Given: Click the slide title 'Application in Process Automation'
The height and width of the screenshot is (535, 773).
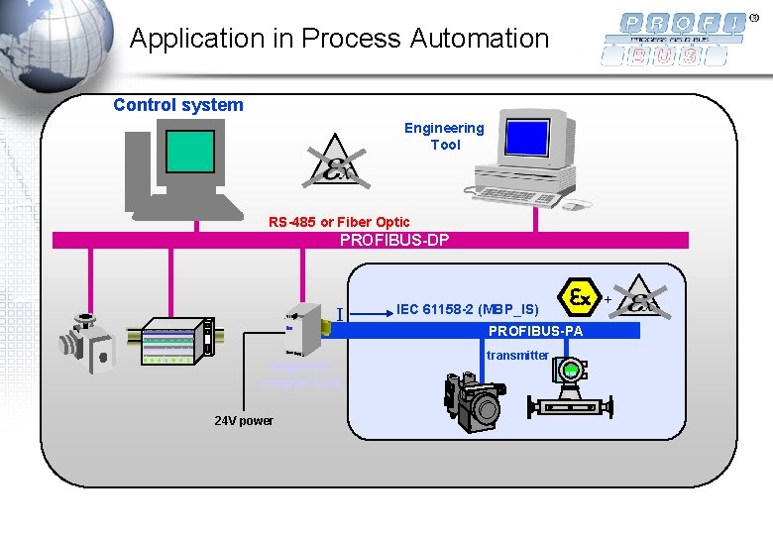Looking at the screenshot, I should pos(339,39).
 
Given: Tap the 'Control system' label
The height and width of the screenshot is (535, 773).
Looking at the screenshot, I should pos(178,105).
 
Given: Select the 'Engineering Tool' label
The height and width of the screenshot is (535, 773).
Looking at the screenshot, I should pos(444,136).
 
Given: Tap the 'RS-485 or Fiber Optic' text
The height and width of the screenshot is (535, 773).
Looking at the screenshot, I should pos(339,222).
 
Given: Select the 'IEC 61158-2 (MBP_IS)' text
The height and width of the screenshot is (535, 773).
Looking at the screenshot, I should pos(467,310).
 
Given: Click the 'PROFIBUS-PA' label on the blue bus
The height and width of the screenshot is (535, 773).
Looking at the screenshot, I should pos(535,331).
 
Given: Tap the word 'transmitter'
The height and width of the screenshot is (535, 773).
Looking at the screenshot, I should pos(517,355).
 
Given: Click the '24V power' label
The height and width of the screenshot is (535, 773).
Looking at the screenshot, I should pos(244,421).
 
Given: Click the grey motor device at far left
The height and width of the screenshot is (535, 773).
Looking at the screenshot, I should pos(86,342).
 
